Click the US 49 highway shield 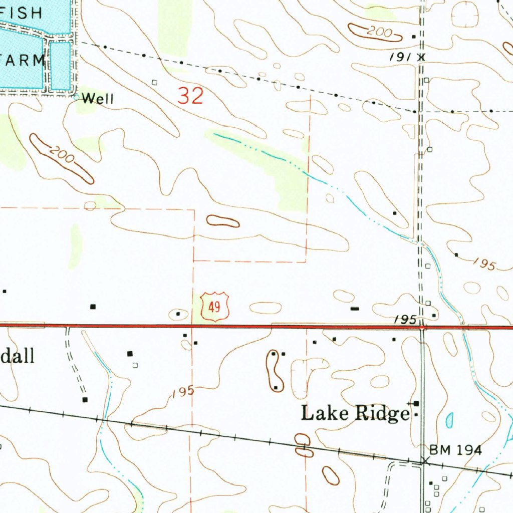(x=214, y=307)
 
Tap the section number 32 (x=191, y=95)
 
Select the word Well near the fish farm (x=98, y=99)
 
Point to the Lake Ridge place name (x=355, y=413)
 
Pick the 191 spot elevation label (x=401, y=58)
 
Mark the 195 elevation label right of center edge (x=484, y=264)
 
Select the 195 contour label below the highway (x=182, y=392)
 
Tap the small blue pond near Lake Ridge (x=449, y=420)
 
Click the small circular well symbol (x=76, y=98)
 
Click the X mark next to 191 (x=421, y=57)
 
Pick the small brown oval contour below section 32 (x=223, y=220)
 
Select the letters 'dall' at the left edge (x=18, y=356)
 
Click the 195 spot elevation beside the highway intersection (x=405, y=319)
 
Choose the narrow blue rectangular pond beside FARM (x=60, y=66)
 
